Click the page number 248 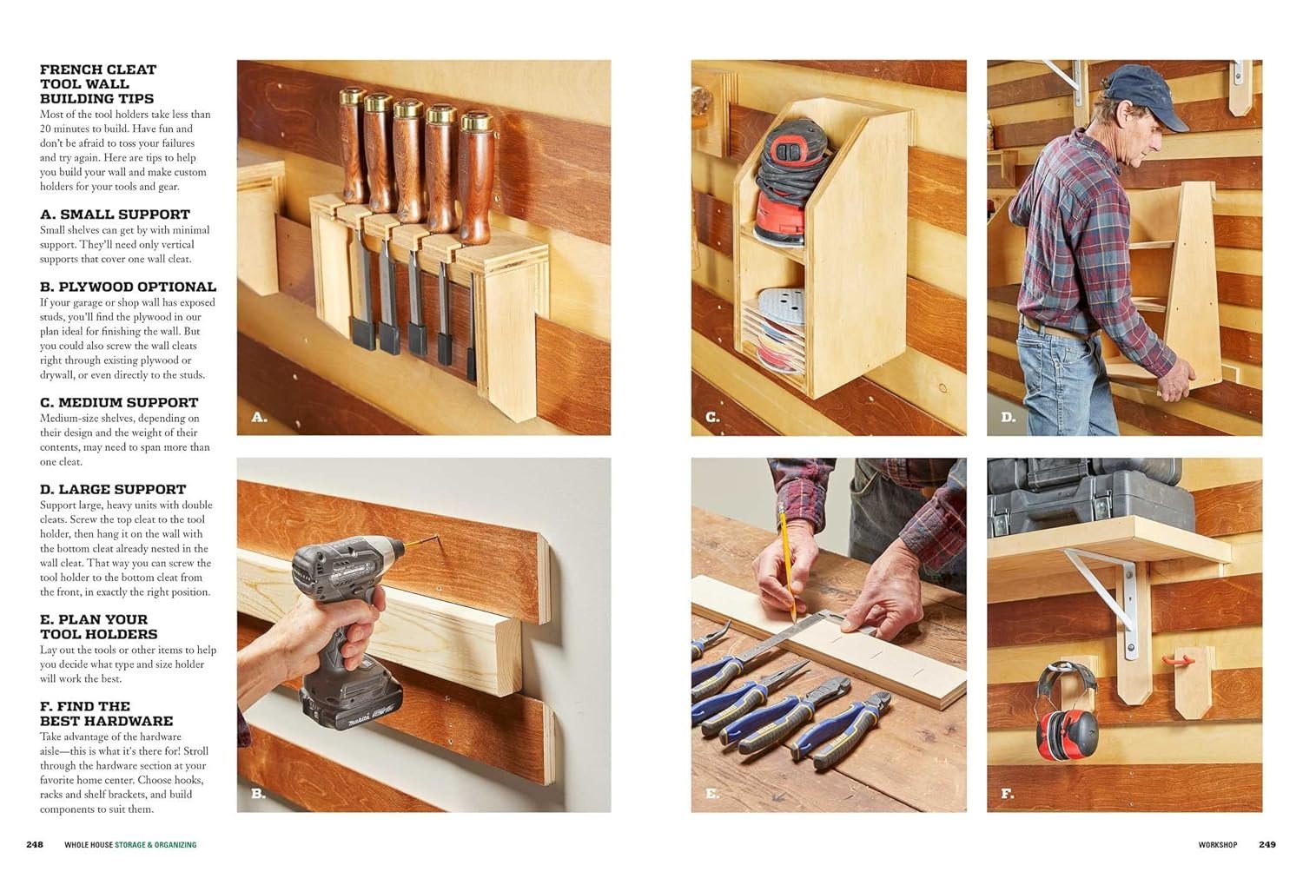pos(35,845)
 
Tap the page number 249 pos(1267,845)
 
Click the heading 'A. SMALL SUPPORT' pos(116,214)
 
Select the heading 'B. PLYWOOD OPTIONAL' pos(128,287)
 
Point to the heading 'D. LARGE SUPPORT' pos(113,489)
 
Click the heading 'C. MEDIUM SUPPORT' pos(119,402)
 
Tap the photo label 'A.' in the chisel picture pos(259,417)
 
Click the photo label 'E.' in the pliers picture pos(712,794)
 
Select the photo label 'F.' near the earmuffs pos(1008,794)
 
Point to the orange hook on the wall pos(1178,660)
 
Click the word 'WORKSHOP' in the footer pos(1218,845)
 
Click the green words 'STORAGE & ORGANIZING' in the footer pos(155,845)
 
